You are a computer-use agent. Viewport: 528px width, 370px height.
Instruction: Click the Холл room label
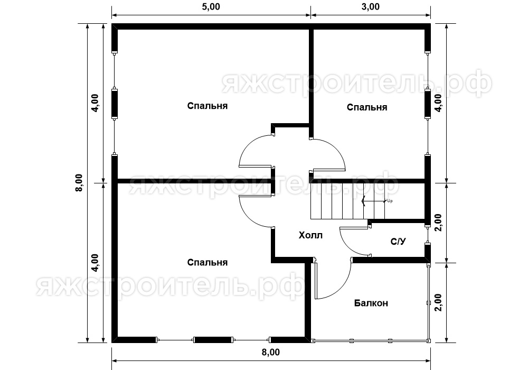pos(310,235)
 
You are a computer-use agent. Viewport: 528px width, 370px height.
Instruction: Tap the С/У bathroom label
pos(398,241)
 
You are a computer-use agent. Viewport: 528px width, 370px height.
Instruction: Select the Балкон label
pos(371,303)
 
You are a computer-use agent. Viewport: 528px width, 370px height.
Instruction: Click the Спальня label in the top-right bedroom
pos(367,107)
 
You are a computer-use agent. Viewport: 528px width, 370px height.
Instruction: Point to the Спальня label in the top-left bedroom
pos(208,106)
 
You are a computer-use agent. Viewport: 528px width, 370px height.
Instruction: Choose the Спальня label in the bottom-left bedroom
pos(208,263)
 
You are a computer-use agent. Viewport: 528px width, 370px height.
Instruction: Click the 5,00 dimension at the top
pos(211,7)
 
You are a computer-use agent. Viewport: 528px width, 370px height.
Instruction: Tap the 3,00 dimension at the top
pos(371,7)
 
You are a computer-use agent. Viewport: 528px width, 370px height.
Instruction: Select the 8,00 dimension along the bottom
pos(271,352)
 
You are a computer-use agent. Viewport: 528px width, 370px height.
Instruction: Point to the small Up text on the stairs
pos(390,201)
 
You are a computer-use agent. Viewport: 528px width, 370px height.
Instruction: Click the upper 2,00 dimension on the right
pos(438,223)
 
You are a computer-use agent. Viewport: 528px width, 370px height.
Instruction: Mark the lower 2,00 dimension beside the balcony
pos(438,302)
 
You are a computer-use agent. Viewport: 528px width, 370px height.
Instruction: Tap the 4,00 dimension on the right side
pos(438,103)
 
